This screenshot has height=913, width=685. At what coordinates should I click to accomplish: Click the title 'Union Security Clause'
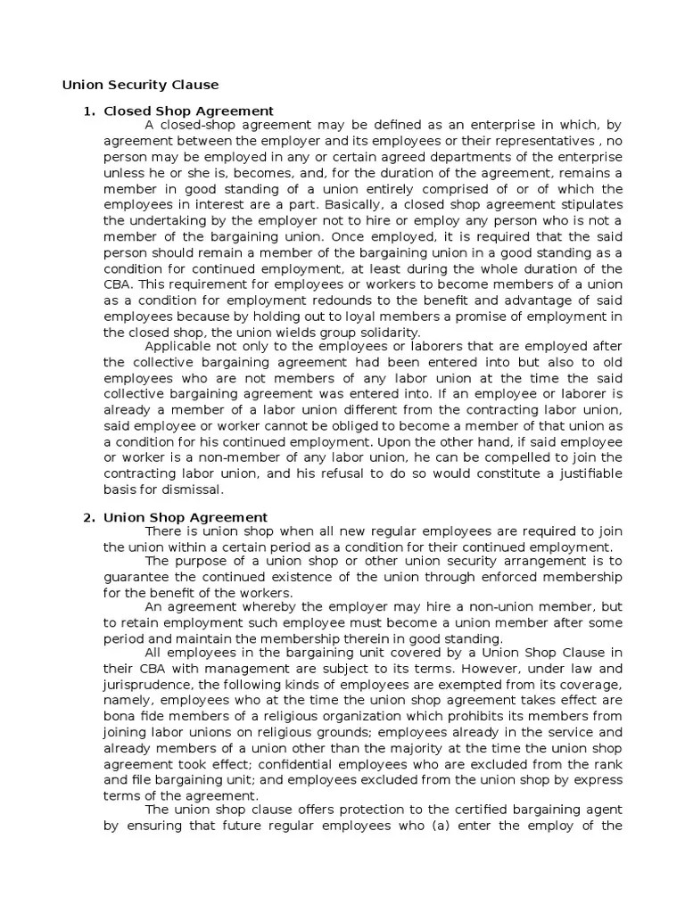coord(140,85)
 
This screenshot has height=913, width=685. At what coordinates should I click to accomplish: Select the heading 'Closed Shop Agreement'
coord(188,111)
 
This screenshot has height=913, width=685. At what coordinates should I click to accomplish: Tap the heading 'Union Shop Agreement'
coord(186,517)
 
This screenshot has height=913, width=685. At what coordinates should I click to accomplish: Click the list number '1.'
coord(88,111)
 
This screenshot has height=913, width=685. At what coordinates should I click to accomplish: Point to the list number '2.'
coord(88,517)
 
